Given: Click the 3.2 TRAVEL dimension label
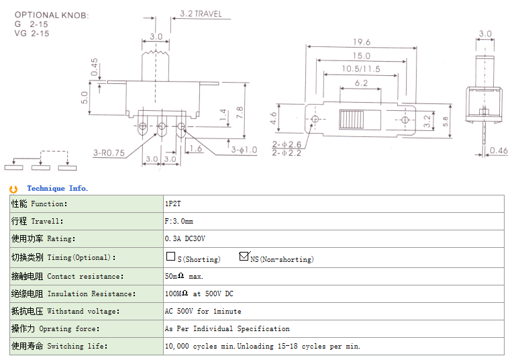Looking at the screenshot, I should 201,13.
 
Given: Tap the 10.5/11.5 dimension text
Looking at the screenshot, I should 361,69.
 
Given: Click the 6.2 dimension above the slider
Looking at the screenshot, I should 361,83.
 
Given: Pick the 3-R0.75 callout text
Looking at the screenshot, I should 109,152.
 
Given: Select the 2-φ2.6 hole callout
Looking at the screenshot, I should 287,144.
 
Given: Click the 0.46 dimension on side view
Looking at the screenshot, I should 498,150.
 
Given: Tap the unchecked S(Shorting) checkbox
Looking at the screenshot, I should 170,256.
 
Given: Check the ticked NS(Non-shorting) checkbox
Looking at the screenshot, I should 244,256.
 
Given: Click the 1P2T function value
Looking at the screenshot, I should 172,204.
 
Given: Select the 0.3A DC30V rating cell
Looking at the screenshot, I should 185,238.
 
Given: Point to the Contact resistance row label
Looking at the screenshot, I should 67,276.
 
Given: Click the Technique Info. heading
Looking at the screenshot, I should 57,189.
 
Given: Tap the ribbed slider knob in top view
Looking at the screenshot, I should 350,120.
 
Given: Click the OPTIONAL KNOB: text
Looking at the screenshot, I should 52,14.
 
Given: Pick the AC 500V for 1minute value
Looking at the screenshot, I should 203,311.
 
